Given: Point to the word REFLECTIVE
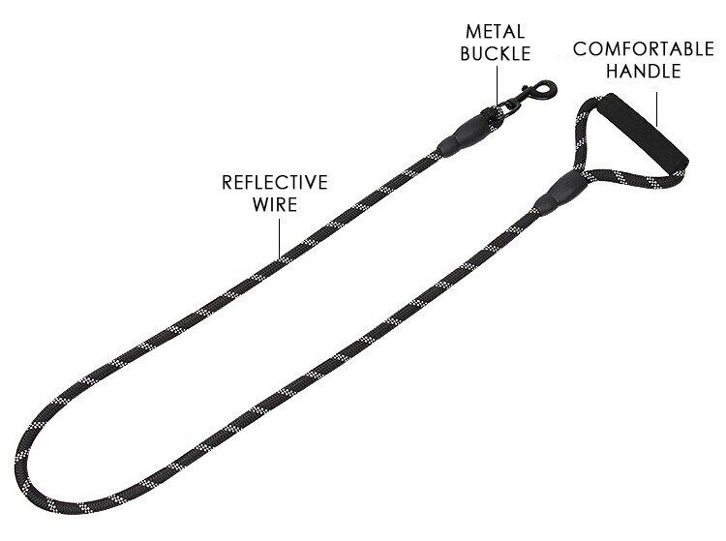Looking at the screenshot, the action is (275, 182).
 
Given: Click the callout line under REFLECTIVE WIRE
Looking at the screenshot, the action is (279, 236).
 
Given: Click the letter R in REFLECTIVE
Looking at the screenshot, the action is (227, 182).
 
